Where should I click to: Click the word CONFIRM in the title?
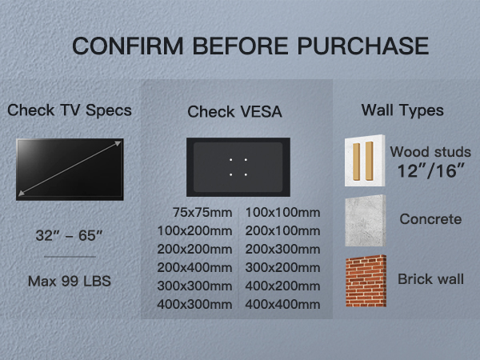point(126,46)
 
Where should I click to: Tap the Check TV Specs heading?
point(70,110)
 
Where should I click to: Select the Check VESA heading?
point(234,112)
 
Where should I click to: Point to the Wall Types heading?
point(402,109)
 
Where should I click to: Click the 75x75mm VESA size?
point(202,213)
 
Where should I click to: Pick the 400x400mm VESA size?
point(282,304)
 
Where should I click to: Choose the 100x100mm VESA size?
point(282,213)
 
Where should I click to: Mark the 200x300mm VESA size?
point(282,249)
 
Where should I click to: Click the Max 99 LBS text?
point(70,281)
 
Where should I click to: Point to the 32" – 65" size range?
point(70,237)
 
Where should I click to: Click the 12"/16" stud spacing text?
point(430,171)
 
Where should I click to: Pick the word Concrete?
point(430,219)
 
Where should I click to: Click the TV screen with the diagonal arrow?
point(70,169)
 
